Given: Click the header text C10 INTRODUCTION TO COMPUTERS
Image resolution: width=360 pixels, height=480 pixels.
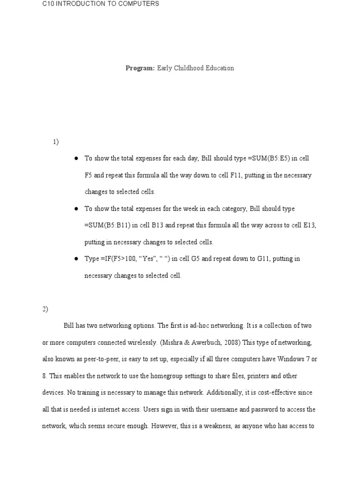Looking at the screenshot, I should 101,4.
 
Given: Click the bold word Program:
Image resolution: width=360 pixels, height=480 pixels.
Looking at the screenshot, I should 140,68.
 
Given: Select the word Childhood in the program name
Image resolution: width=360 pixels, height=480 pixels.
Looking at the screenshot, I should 189,68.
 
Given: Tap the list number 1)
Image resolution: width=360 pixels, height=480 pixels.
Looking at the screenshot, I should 56,142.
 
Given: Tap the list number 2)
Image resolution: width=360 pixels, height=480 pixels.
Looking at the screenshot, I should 45,308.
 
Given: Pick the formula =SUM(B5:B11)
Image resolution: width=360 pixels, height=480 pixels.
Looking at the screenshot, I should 107,225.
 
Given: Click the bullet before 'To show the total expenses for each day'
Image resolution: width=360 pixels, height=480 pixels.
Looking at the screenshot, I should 75,158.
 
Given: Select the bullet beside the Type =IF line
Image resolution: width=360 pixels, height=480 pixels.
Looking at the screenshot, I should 75,259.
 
